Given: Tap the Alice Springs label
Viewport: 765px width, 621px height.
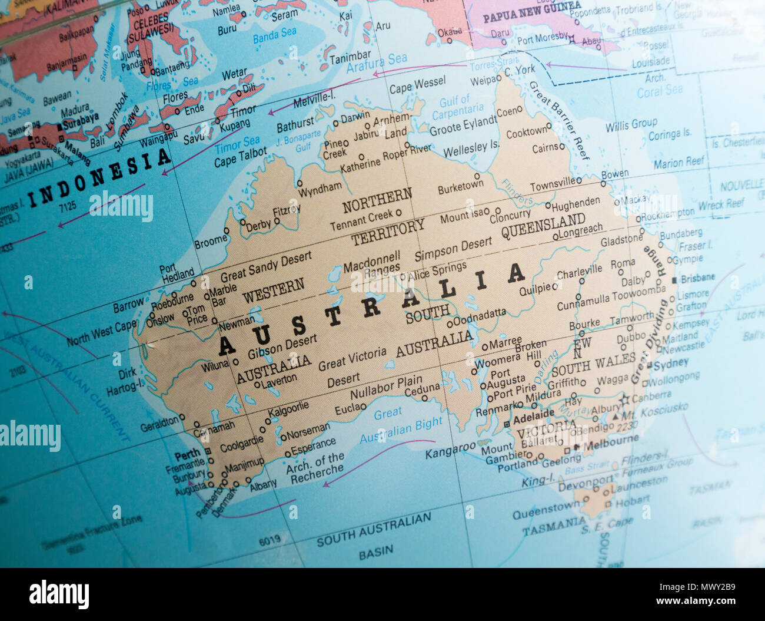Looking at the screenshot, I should point(437,270).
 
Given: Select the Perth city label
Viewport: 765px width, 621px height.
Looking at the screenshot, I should point(187,455).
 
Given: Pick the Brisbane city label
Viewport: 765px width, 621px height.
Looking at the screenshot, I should point(697,278).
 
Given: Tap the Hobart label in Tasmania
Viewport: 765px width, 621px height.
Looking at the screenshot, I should point(632,500).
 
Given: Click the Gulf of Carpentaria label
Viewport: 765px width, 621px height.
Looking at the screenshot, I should point(457,107).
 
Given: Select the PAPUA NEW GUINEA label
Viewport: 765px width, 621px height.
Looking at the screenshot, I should point(532,12).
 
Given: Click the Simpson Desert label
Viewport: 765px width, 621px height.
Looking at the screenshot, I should point(453,249).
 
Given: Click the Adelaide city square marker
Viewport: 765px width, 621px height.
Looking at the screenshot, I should point(507,424).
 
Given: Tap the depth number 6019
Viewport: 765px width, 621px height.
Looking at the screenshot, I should point(270,539).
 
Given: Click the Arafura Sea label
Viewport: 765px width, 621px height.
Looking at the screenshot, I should point(377,62).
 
